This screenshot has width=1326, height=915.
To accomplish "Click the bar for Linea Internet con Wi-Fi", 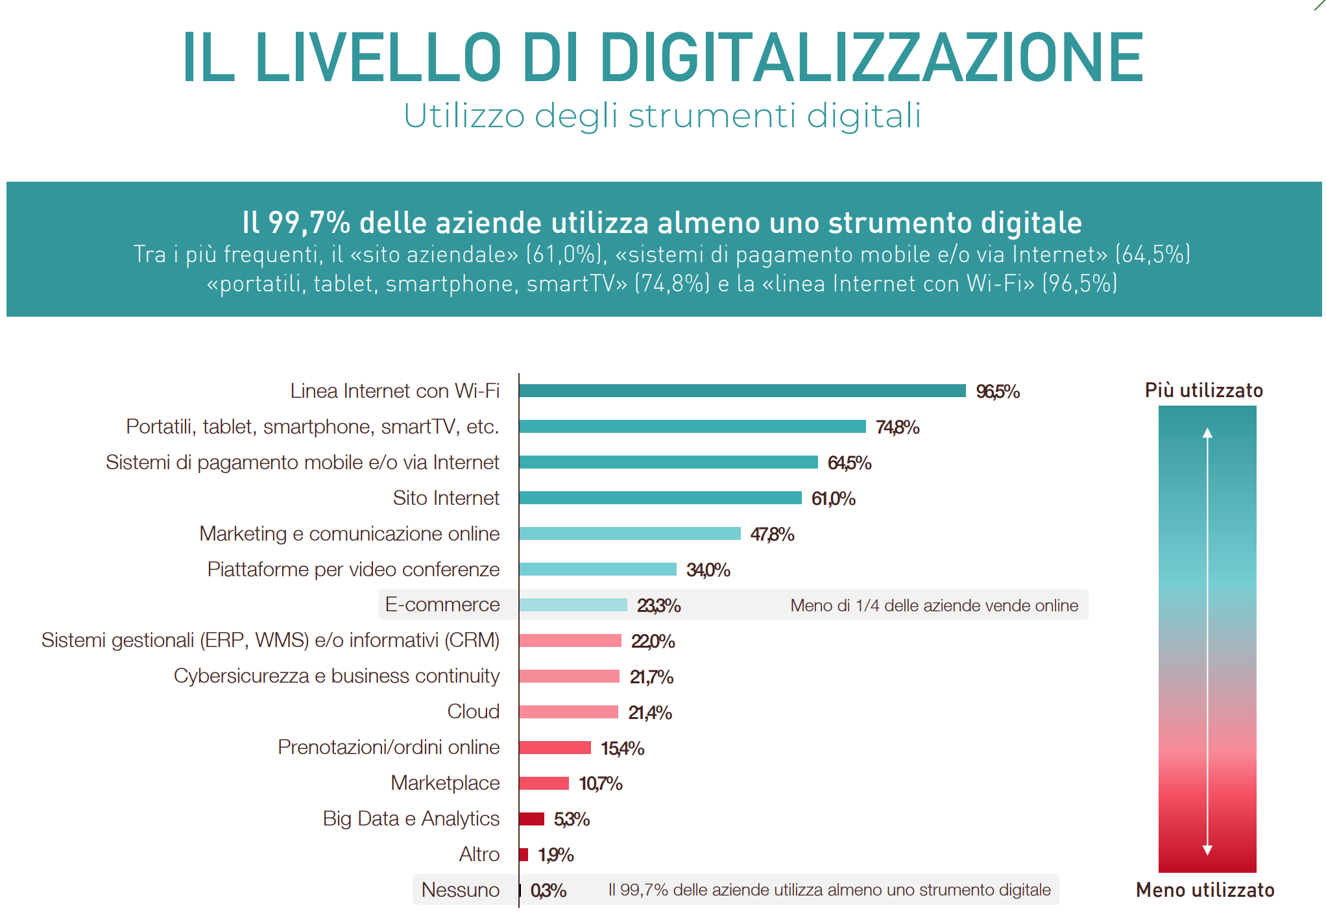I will click(x=742, y=391).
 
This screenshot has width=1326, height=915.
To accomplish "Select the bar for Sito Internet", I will click(x=660, y=498).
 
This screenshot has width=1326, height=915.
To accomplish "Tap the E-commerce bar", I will click(x=573, y=605).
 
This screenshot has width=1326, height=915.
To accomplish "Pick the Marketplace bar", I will click(x=544, y=783).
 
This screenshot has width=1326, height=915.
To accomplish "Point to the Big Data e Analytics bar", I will click(x=531, y=819).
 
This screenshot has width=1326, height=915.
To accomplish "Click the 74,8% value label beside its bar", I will click(x=897, y=427).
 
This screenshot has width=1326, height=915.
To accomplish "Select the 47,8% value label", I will click(x=772, y=534).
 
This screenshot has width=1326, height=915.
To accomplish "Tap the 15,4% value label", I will click(x=622, y=748).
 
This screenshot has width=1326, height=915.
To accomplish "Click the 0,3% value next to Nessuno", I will click(x=548, y=890).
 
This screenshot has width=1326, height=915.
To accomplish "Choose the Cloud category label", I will click(x=473, y=711).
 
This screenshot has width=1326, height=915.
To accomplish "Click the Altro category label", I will click(x=479, y=854).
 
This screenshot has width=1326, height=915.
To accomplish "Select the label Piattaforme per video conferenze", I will click(x=353, y=569).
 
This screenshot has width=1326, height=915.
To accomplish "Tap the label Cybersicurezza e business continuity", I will click(x=336, y=676).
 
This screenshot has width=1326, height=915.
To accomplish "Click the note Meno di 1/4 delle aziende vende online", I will click(x=934, y=605).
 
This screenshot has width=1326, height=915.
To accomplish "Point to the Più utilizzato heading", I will click(x=1203, y=390).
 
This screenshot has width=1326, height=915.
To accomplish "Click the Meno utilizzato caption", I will click(x=1205, y=890).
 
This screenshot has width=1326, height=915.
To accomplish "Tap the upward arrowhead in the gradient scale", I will click(x=1207, y=433).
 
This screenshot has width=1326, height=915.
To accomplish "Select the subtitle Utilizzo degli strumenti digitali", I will click(x=662, y=116).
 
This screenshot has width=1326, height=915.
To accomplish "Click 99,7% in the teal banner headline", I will click(x=309, y=223).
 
